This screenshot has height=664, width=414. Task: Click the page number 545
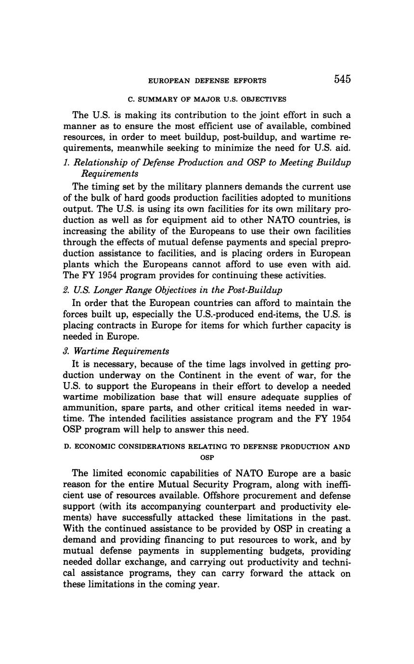click(342, 79)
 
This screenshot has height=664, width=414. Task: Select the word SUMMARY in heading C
click(156, 100)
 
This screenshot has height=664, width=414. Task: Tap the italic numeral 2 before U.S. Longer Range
click(66, 290)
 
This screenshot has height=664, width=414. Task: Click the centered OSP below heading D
click(207, 458)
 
